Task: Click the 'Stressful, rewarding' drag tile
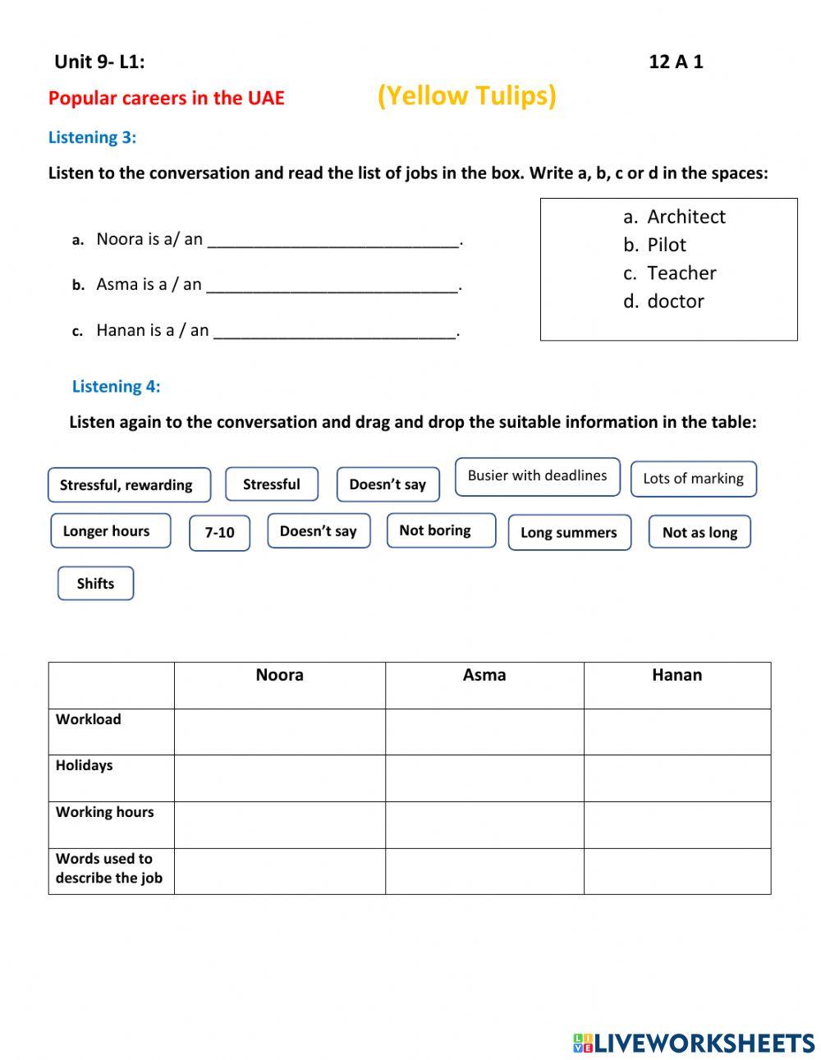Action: coord(129,484)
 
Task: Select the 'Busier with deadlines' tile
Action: coord(537,476)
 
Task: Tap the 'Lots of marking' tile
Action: coord(693,479)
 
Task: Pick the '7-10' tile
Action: coord(219,532)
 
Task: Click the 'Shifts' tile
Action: coord(95,583)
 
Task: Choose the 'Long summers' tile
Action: coord(569,532)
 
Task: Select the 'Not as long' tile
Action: coord(699,532)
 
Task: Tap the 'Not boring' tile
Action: coord(441,530)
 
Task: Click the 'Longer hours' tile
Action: coord(110,531)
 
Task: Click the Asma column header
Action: coord(484,676)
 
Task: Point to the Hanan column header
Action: coord(677,676)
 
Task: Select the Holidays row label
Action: coord(85,765)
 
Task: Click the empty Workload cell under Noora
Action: coord(279,732)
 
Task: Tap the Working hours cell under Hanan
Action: coord(677,824)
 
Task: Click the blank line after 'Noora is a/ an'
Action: coord(333,241)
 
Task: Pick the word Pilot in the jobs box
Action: coord(666,245)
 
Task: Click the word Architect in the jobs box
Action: coord(686,217)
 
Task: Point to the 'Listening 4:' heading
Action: coord(116,386)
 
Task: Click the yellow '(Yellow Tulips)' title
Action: coord(466,96)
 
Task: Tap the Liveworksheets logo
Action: coord(694,1043)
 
